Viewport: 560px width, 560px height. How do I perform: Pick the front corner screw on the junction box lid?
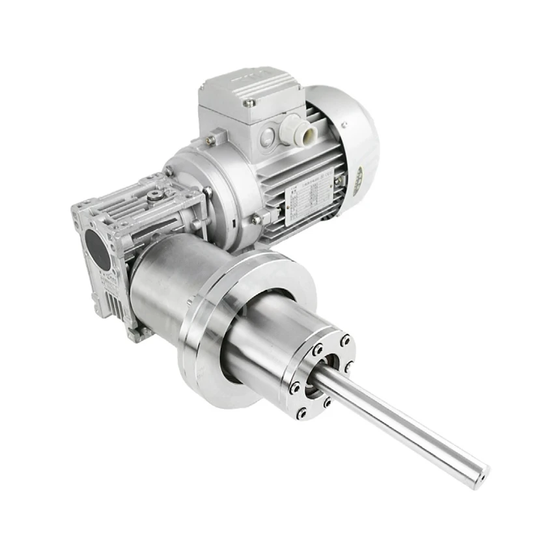(248, 102)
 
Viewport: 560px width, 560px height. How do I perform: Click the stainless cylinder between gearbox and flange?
(163, 287)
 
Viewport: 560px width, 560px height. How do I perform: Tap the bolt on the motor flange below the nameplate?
(257, 219)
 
